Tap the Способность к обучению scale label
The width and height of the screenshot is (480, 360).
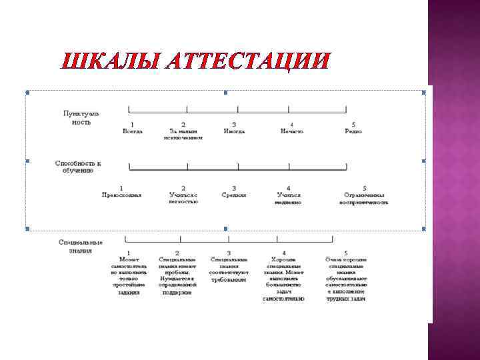tap(78, 167)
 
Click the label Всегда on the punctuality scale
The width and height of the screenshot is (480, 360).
tap(132, 131)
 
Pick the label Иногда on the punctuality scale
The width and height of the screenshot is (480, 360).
tap(234, 131)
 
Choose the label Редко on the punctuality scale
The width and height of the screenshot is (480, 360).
tap(353, 131)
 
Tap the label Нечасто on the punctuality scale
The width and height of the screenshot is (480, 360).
tap(291, 131)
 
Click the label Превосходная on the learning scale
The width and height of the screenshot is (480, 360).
tap(121, 195)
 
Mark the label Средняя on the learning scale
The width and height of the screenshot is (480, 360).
tap(234, 195)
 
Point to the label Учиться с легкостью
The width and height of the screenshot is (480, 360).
tap(183, 198)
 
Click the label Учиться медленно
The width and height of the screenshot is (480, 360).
tap(289, 198)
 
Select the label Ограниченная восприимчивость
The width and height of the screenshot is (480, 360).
tap(363, 198)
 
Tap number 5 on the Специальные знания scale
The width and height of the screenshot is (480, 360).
tap(346, 253)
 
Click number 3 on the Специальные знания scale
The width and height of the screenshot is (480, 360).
tap(229, 253)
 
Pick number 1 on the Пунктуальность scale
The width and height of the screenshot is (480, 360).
tap(132, 124)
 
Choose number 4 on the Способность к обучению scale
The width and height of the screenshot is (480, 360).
tap(289, 188)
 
